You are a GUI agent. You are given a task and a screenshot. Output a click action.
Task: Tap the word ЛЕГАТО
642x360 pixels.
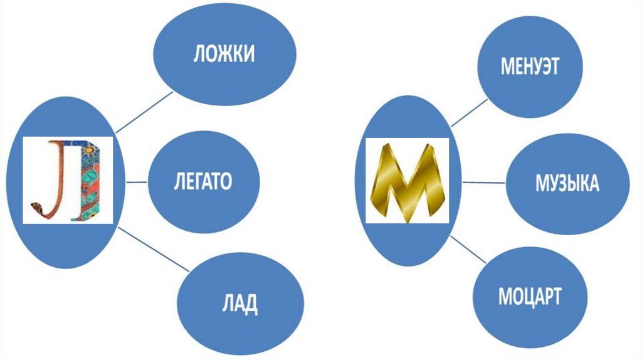(203, 181)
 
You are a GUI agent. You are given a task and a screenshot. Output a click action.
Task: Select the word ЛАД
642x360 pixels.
(239, 304)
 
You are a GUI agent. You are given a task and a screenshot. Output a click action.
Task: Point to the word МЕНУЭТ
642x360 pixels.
(530, 66)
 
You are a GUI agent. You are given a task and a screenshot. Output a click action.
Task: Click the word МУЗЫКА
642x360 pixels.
(567, 184)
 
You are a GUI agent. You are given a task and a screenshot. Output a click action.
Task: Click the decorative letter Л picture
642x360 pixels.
(68, 181)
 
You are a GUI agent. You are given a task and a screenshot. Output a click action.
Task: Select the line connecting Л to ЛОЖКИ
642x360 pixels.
(144, 112)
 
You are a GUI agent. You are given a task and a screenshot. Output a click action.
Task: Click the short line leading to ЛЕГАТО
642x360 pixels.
(137, 182)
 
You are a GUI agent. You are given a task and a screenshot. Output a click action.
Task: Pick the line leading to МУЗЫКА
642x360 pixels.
(483, 183)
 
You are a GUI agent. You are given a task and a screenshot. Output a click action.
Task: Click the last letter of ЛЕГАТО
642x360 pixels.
(225, 181)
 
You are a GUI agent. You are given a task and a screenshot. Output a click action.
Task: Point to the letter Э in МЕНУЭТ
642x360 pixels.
(545, 66)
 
